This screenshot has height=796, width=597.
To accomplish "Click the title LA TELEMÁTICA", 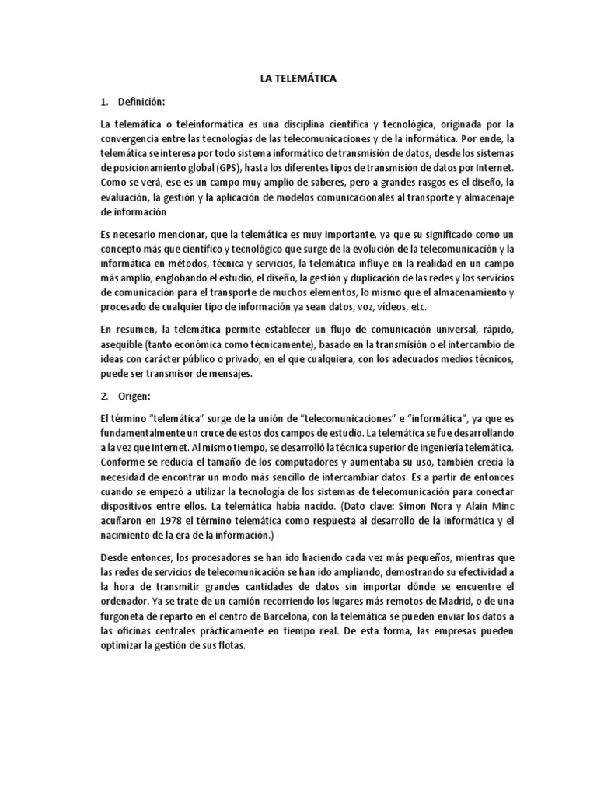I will (x=298, y=79).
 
